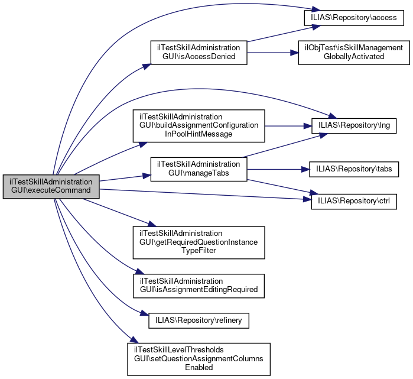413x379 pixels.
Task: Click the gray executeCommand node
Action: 51,186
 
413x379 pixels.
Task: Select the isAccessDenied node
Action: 198,52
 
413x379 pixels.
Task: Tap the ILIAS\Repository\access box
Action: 353,18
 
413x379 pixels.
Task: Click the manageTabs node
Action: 198,170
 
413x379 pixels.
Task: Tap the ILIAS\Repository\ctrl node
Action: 354,202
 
